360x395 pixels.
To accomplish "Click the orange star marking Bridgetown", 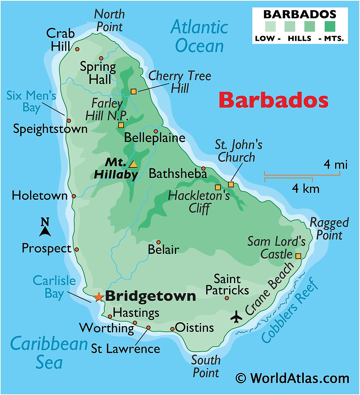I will coord(98,297).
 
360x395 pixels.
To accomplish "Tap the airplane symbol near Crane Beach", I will coord(236,317).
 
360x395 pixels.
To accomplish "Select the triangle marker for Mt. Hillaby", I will coord(133,164).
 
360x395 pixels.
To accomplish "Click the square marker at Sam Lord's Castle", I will coord(298,256).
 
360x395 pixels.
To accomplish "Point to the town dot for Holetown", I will coord(74,196).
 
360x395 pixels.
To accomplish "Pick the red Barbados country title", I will coord(273,100).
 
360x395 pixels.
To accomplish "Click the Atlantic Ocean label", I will coord(199,36).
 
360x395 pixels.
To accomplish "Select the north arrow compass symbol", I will coord(45,227).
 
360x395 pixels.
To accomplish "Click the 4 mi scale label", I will coord(335,165).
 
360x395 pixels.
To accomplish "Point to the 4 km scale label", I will coord(305,189).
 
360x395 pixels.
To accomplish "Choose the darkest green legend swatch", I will coord(330,27).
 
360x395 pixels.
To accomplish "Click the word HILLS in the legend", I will coord(299,38).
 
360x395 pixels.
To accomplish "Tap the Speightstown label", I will coord(50,129).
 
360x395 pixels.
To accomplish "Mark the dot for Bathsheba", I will coord(203,168).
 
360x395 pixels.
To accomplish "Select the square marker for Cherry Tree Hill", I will coord(133,92).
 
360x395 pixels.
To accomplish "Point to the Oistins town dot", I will coord(172,329).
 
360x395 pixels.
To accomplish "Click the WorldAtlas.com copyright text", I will coord(292,378).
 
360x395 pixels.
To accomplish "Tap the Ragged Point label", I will coord(329,229).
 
